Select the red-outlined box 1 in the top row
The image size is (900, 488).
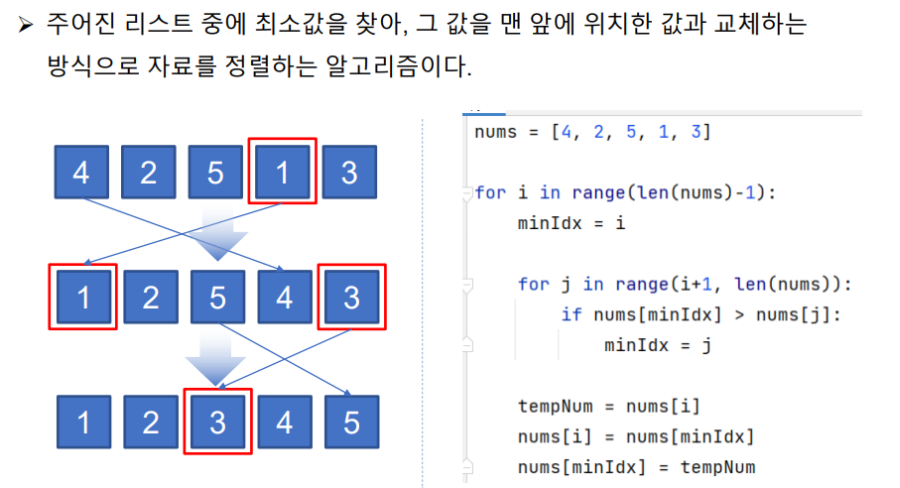pos(282,172)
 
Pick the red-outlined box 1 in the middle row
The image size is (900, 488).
pos(83,297)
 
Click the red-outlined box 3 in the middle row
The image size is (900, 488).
pos(350,297)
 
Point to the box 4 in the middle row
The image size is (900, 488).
pos(284,297)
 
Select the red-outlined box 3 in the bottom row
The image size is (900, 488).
pos(217,423)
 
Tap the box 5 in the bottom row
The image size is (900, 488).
pos(351,423)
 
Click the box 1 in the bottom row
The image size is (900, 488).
pos(83,423)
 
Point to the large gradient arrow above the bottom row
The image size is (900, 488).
pos(216,358)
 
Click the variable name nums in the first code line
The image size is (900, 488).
pos(496,132)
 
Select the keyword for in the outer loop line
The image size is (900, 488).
pos(490,192)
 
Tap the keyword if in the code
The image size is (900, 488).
pos(572,314)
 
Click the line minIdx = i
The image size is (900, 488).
pos(571,223)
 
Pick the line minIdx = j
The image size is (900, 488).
pos(657,345)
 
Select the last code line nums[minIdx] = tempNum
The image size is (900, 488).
pos(636,466)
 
